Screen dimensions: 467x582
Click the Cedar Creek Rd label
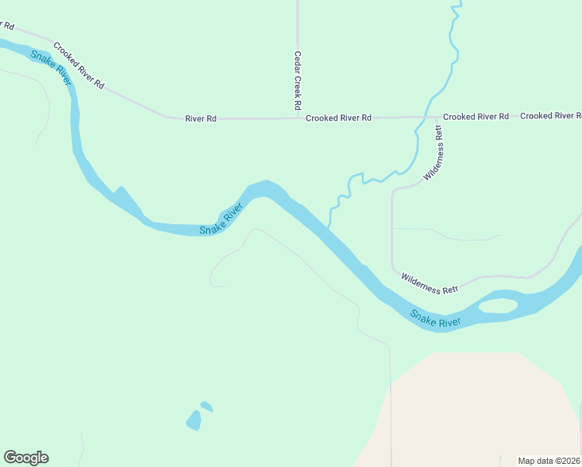point(297,79)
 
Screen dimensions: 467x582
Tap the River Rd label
point(200,118)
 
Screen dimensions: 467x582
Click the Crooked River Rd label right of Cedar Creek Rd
point(338,118)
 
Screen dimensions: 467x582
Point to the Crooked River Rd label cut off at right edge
point(550,116)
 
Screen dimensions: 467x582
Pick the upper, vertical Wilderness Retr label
point(433,153)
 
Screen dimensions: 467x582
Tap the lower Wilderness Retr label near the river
point(429,283)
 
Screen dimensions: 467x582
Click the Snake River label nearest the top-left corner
point(52,68)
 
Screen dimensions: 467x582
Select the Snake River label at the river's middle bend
point(222,219)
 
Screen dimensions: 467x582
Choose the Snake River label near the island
point(436,318)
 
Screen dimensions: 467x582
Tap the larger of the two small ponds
point(193,421)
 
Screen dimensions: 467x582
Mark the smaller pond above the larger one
point(206,406)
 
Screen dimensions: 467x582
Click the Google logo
point(26,458)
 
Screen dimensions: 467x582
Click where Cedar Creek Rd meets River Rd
point(298,118)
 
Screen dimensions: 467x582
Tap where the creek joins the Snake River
point(328,226)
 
